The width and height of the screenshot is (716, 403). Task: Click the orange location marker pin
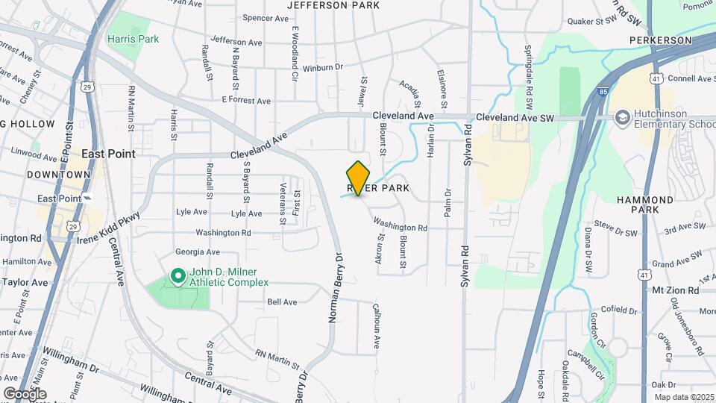359,178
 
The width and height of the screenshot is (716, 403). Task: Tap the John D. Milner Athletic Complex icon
178,277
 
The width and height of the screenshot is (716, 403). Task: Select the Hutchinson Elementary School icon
622,118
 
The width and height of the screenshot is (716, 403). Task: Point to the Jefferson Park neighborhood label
328,4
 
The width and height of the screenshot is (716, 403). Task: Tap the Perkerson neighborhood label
661,39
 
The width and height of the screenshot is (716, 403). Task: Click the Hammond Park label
645,204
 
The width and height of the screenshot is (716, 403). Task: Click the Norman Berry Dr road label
335,288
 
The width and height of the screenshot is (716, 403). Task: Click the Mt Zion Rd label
675,290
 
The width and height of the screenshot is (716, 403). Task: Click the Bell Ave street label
282,302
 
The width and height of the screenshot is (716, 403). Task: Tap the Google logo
25,394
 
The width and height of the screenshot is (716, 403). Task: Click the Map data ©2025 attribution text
682,397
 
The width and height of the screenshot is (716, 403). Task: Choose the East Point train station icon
87,199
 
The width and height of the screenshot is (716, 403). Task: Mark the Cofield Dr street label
606,308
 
